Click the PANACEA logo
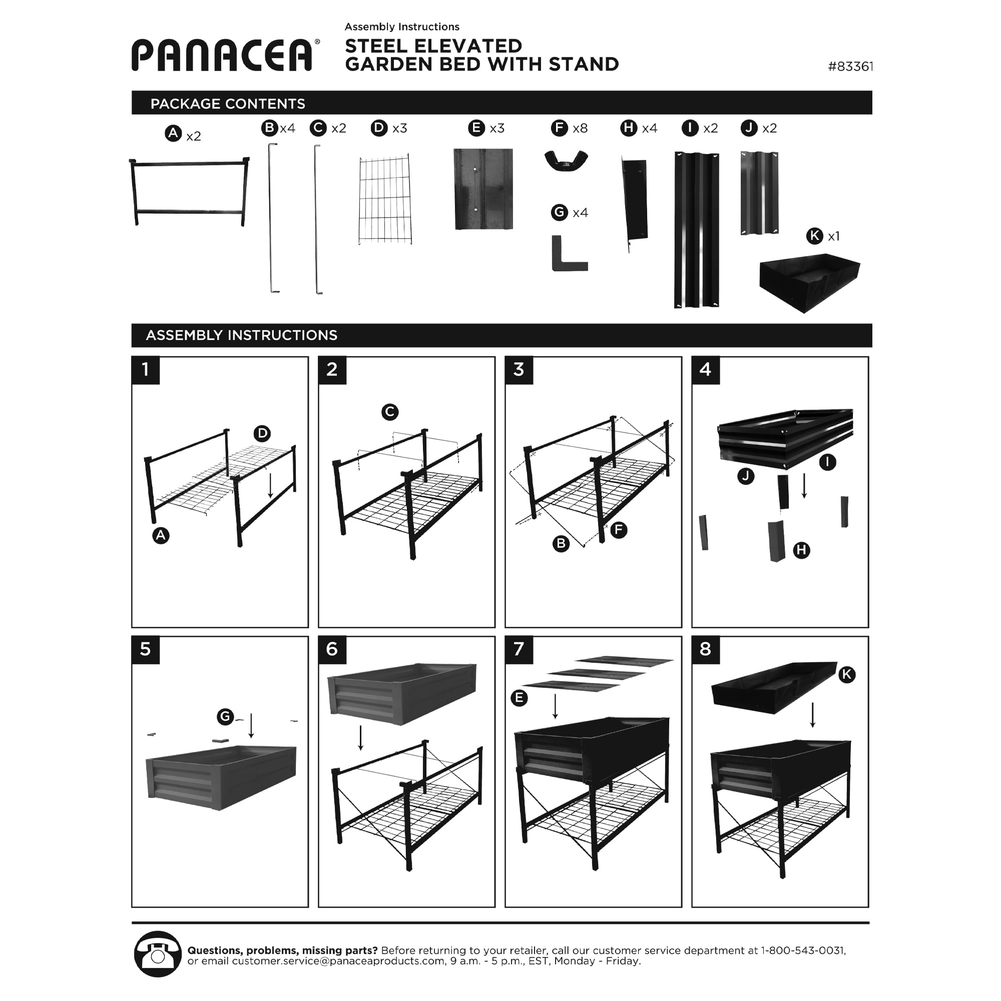(x=223, y=55)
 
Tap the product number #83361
(x=850, y=67)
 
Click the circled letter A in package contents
(x=173, y=133)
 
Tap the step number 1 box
(x=146, y=370)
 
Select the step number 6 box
(x=332, y=650)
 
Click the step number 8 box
(x=705, y=650)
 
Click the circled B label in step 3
(x=561, y=544)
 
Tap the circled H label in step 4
(x=801, y=550)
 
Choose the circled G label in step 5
(x=225, y=717)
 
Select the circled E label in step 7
(x=519, y=698)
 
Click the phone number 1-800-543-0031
(x=803, y=950)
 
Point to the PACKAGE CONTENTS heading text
(x=227, y=104)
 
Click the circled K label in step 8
(x=847, y=674)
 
